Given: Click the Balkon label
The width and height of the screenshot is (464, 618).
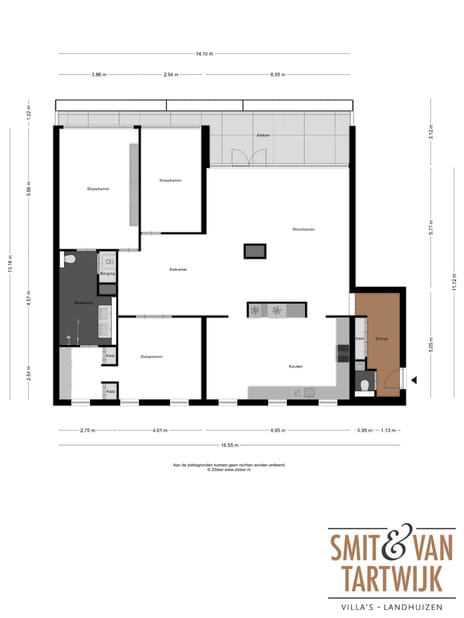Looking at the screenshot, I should tap(263, 134).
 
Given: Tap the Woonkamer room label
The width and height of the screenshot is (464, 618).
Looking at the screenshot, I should tap(304, 229).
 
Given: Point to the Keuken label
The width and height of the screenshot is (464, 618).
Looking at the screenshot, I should tap(296, 366).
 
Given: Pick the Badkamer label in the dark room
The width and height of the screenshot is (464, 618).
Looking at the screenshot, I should tap(83, 302).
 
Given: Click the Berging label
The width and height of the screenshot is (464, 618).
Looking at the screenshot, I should tap(108, 273).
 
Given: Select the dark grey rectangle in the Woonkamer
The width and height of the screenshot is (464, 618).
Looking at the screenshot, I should tap(256, 251).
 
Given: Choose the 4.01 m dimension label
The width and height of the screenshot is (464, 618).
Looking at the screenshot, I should tap(158, 430).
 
